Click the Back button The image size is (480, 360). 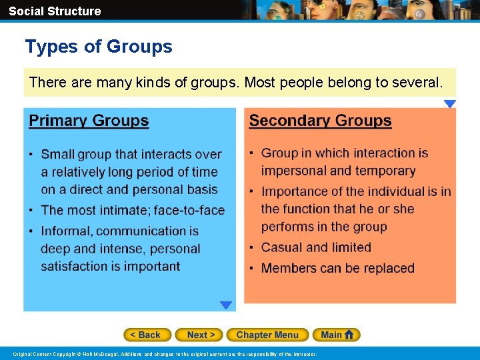click(x=147, y=335)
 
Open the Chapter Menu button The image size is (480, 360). click(x=267, y=335)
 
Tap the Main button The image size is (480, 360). click(x=337, y=335)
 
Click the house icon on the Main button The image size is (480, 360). click(x=351, y=335)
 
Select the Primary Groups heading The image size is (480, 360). click(x=89, y=121)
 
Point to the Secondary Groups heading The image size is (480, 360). click(x=320, y=121)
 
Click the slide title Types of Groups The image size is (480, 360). click(x=99, y=47)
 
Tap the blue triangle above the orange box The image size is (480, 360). click(x=450, y=104)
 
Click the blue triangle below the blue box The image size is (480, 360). click(x=226, y=305)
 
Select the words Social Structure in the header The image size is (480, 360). click(x=55, y=11)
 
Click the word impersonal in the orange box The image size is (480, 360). click(x=294, y=171)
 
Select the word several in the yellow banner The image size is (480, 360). click(x=417, y=83)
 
